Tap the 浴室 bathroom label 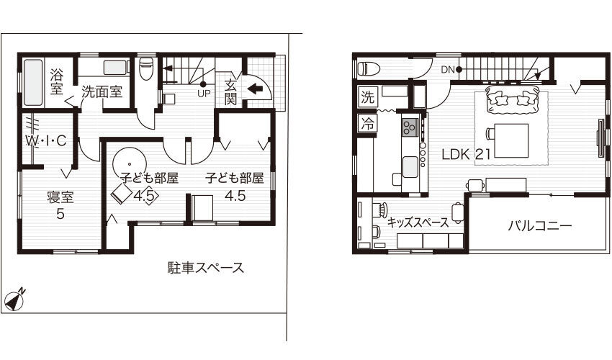pos(57,81)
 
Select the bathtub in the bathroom pos(33,82)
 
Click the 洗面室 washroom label pos(102,92)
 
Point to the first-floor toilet pos(146,68)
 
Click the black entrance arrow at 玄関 pos(255,89)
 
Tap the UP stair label pos(204,94)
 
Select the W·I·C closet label pos(46,141)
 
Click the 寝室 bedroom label pos(60,197)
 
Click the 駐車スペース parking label pos(206,268)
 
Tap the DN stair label pos(448,70)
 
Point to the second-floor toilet pos(369,68)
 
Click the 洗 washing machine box pos(368,97)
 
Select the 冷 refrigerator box pos(367,123)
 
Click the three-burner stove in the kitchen pos(410,127)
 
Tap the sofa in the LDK pos(512,100)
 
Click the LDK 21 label pos(466,154)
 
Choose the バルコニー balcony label pos(540,225)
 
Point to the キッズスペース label pos(418,222)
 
